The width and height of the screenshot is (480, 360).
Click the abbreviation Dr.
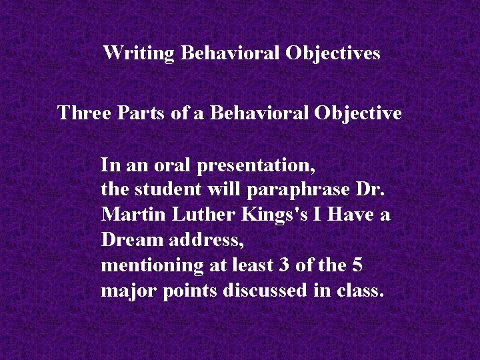click(371, 189)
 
